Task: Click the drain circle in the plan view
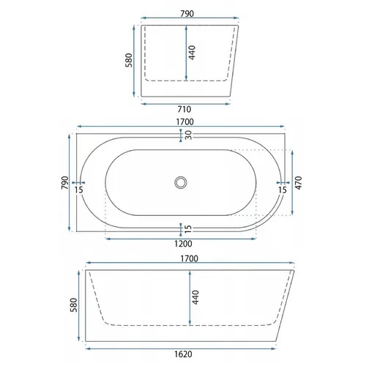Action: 181,182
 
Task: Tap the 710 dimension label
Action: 184,109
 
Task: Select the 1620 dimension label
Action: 183,354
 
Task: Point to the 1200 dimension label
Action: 183,244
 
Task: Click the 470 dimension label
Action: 299,183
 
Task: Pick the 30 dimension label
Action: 188,135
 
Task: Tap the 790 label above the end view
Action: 187,14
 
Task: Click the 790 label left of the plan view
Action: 65,183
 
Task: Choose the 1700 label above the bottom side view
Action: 189,258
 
